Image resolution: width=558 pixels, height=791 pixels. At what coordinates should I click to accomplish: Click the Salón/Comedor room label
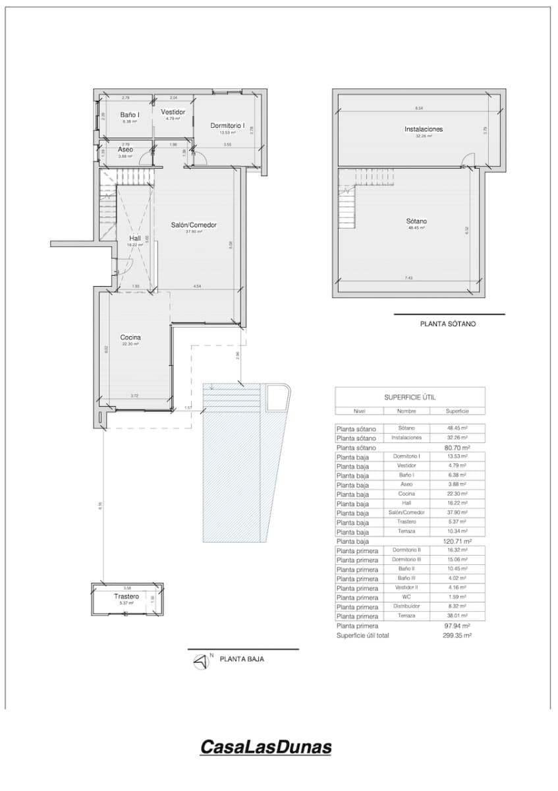click(x=194, y=225)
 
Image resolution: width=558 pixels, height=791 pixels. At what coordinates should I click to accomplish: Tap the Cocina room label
click(x=130, y=337)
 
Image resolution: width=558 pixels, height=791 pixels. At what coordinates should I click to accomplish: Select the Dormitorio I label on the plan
click(x=227, y=125)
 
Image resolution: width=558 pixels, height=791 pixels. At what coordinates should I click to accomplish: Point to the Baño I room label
click(x=129, y=115)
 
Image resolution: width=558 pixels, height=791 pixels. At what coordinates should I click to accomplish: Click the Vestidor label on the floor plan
click(x=173, y=112)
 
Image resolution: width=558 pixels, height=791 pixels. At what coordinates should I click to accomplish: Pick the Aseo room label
click(x=125, y=150)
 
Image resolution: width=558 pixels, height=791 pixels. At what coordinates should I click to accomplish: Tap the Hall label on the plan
click(x=134, y=239)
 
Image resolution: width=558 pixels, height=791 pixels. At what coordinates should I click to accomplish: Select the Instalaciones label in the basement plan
click(x=423, y=129)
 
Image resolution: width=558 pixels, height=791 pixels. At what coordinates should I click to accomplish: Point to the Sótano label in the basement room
click(x=416, y=221)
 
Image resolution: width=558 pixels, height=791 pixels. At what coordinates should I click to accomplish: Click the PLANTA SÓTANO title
click(x=447, y=324)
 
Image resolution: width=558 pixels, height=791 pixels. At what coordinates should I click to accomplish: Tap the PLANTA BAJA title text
click(x=242, y=659)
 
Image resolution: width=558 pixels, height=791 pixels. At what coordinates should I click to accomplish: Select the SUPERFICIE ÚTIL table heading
click(x=410, y=397)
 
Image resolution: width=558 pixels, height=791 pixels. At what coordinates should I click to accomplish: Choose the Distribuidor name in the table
click(x=406, y=606)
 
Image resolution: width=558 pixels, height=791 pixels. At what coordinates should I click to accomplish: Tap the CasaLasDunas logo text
click(x=265, y=747)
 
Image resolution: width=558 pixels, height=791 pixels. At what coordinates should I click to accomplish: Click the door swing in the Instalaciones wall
click(x=468, y=160)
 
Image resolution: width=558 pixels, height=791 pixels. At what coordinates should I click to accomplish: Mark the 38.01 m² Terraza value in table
click(x=457, y=616)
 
